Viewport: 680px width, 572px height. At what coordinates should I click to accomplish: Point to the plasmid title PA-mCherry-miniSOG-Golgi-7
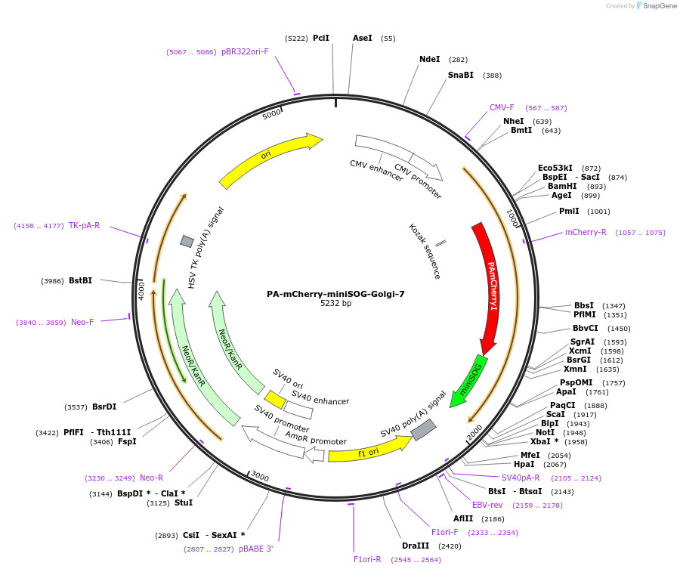(335, 294)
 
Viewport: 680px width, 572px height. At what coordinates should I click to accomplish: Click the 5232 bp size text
(335, 304)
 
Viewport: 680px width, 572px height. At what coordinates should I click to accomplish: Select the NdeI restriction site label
(429, 59)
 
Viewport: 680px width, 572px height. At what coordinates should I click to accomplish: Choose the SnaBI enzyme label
(461, 75)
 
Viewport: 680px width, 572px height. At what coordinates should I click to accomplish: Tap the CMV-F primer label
(502, 107)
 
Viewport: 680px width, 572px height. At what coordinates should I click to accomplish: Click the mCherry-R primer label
(586, 232)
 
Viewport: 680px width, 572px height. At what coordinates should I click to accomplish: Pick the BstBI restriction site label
(80, 280)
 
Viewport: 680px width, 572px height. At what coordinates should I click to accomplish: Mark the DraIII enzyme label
(416, 546)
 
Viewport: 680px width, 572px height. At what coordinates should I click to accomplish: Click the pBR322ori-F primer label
(245, 51)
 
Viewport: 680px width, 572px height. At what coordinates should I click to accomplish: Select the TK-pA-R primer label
(84, 225)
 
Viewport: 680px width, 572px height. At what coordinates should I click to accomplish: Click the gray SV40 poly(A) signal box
(423, 430)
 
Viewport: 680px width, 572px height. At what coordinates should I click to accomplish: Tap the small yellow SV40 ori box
(275, 399)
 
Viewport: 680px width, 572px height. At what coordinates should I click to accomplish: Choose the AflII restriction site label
(463, 518)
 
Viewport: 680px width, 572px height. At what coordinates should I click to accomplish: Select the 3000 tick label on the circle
(259, 477)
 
